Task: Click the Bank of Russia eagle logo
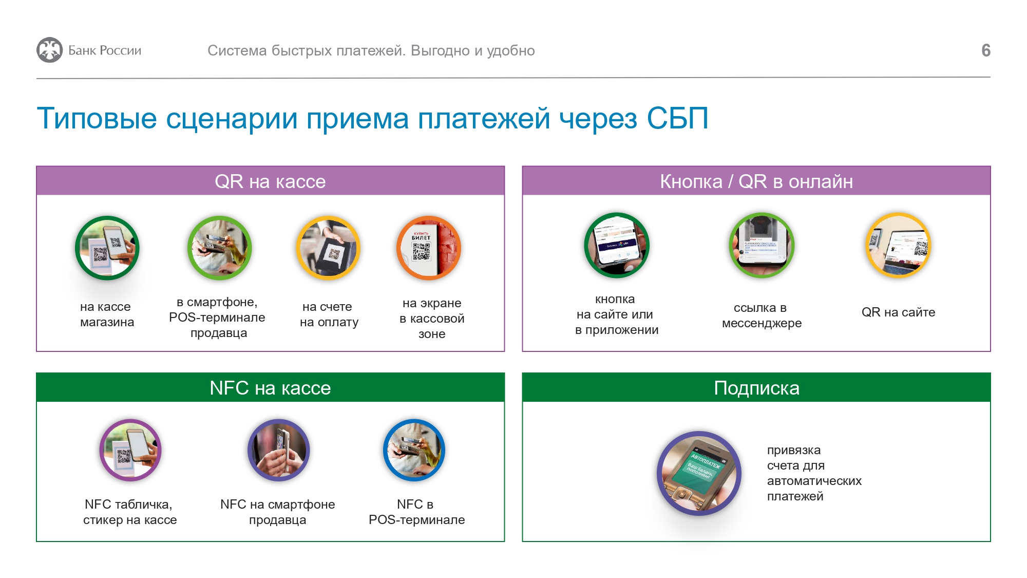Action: [x=49, y=50]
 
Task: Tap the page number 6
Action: [x=985, y=50]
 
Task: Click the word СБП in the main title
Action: [x=677, y=118]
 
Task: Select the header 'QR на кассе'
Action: [x=270, y=181]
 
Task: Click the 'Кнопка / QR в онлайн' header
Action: [x=756, y=181]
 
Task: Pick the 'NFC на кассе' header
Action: [x=270, y=388]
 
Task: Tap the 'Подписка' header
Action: [x=756, y=388]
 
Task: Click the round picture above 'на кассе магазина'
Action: [x=107, y=248]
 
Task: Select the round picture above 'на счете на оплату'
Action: [x=328, y=248]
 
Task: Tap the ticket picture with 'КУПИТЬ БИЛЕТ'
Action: [x=429, y=248]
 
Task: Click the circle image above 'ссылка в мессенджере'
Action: [x=762, y=245]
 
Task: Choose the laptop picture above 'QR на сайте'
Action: [x=899, y=245]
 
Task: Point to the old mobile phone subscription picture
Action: [x=699, y=473]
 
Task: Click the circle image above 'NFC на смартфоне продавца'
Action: [x=278, y=450]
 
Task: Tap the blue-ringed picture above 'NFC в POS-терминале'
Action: [x=414, y=450]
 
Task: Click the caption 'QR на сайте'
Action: [x=899, y=312]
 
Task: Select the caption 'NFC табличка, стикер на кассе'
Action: [x=130, y=512]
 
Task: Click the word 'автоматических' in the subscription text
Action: [x=814, y=481]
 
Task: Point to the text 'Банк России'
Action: [x=105, y=50]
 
